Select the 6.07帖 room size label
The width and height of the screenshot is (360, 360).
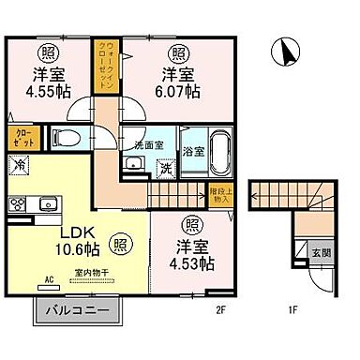177,91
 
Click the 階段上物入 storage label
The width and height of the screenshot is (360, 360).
217,195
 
